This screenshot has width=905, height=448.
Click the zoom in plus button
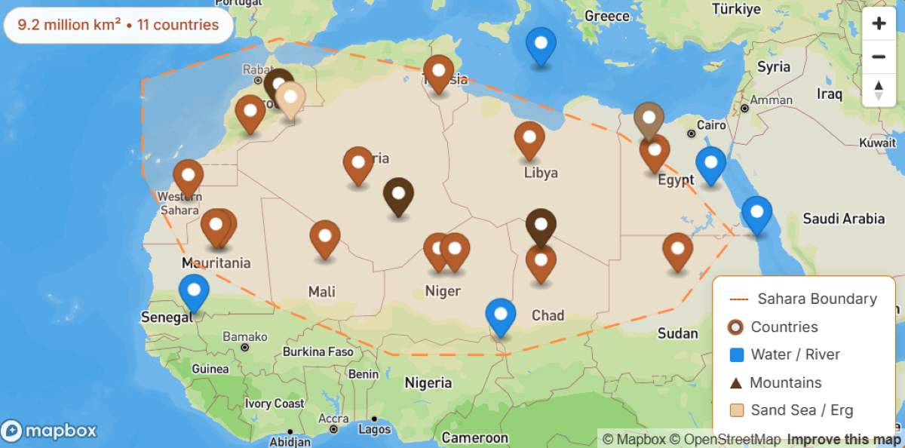pos(879,23)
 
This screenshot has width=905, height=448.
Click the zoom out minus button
pos(879,57)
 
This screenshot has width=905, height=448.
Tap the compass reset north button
pos(879,90)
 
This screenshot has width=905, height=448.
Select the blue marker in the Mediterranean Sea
pos(541,44)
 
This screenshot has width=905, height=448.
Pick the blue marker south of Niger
pos(501,315)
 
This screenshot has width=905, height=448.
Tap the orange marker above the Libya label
pos(529,139)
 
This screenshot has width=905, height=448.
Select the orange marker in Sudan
pos(677,250)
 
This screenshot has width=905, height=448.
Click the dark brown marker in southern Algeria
pos(398,195)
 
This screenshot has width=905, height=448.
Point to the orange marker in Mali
pos(325,238)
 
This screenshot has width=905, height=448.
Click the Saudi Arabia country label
pos(843,219)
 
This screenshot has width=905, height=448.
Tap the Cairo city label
pos(711,125)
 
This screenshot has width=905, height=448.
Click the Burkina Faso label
pos(318,351)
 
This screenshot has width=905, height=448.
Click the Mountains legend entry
pos(785,382)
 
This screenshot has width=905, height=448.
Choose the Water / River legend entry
pos(795,354)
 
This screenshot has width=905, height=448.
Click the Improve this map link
pos(843,439)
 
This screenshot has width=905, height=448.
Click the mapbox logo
pos(50,431)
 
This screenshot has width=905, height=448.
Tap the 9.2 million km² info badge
pos(118,25)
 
